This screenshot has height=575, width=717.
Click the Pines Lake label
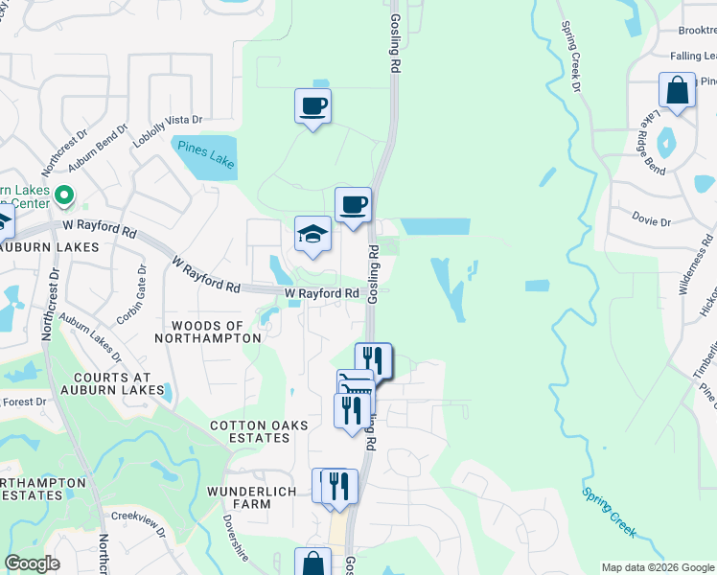(202, 154)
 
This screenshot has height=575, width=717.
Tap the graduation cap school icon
(312, 235)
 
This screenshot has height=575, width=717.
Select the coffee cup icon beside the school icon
(353, 205)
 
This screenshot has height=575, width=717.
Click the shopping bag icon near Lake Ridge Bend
(677, 92)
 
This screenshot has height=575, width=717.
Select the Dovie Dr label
(652, 221)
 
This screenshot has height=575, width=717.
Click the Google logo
(32, 563)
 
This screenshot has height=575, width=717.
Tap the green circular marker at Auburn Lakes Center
(65, 195)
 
